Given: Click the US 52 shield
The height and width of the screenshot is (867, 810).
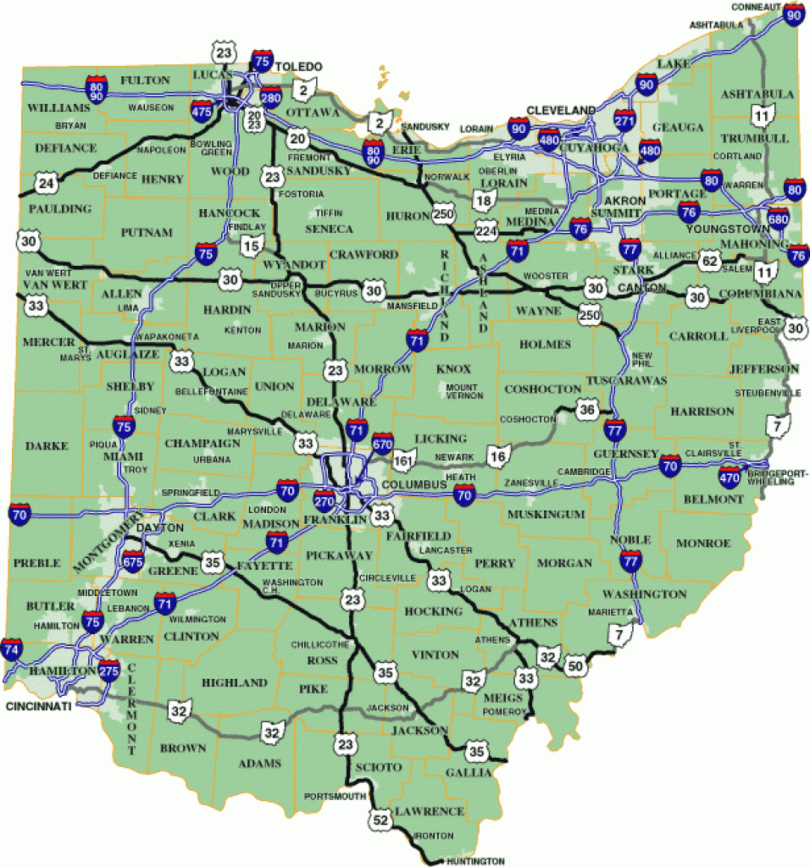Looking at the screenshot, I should tap(379, 820).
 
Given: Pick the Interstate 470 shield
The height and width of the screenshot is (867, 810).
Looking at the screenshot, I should tap(730, 476).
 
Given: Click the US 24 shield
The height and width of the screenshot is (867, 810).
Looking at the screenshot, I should tap(46, 181).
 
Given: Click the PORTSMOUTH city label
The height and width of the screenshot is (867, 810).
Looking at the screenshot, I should tap(334, 797).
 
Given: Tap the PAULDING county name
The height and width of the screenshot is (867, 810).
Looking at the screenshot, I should tap(59, 208).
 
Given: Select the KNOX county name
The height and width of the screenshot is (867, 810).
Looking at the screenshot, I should tap(453, 369).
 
